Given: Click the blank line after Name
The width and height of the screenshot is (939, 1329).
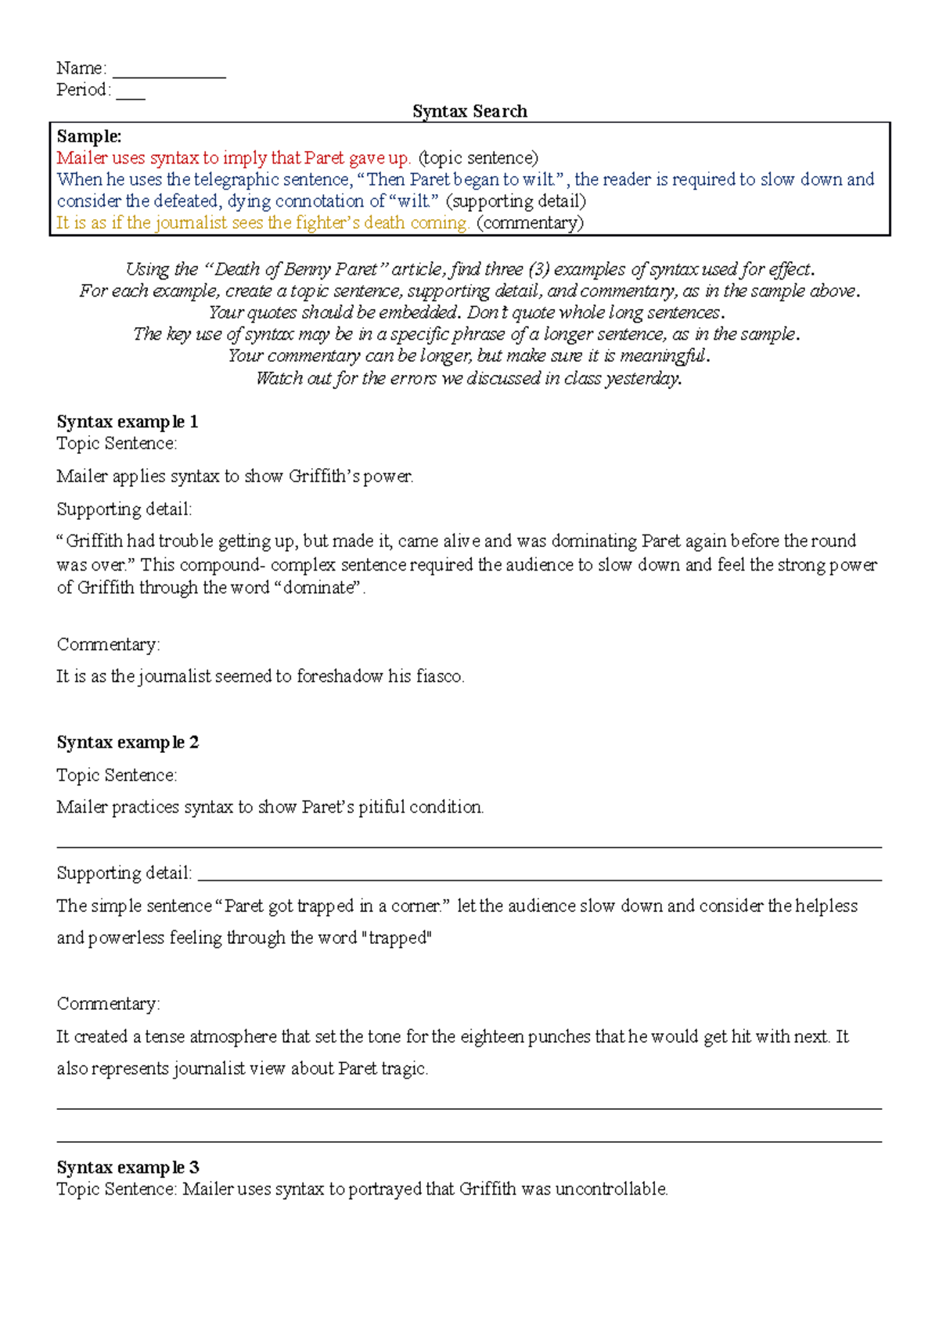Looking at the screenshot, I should pyautogui.click(x=169, y=72).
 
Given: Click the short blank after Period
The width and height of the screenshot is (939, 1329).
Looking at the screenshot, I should pyautogui.click(x=131, y=94).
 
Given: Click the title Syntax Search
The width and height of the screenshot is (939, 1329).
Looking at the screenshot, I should pyautogui.click(x=469, y=111).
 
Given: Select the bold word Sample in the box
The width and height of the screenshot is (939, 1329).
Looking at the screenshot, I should pyautogui.click(x=88, y=136).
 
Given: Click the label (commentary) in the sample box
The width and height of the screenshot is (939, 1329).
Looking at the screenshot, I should pyautogui.click(x=530, y=223).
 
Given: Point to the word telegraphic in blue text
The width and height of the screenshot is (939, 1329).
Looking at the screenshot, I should pyautogui.click(x=236, y=180).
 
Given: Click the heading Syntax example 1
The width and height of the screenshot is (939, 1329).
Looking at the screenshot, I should pyautogui.click(x=127, y=422).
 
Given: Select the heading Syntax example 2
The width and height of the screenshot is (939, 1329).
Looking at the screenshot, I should pyautogui.click(x=128, y=742).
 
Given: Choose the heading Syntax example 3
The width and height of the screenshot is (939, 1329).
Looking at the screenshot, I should pyautogui.click(x=128, y=1168).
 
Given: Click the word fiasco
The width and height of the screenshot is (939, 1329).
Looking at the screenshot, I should pyautogui.click(x=440, y=676).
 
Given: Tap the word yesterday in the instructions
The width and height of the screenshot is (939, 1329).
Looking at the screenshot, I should pyautogui.click(x=643, y=379).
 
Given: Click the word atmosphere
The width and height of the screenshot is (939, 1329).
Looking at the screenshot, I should pyautogui.click(x=232, y=1037).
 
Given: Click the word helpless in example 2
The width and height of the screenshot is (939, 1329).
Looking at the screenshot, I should pyautogui.click(x=826, y=906).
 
